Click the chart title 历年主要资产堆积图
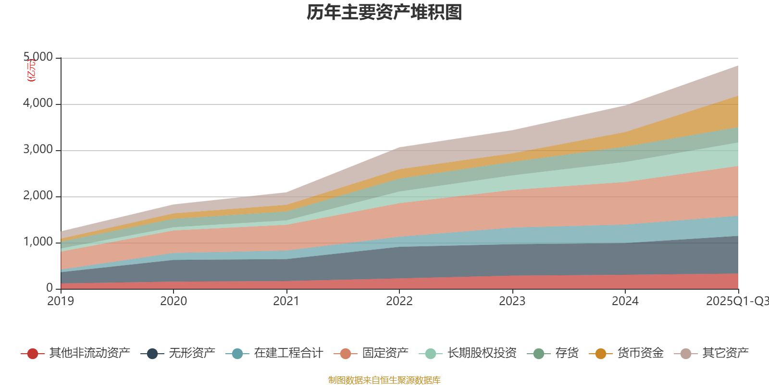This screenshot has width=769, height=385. (384, 13)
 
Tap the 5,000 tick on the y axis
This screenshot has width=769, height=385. (38, 57)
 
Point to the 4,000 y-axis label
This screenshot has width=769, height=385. (38, 103)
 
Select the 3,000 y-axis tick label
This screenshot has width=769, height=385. (38, 150)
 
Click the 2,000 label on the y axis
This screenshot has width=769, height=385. (38, 196)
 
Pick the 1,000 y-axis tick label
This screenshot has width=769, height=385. (38, 242)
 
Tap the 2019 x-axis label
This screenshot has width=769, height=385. (61, 301)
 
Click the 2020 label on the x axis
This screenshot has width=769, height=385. (174, 301)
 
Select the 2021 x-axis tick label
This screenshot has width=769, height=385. (286, 301)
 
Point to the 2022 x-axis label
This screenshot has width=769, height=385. (399, 301)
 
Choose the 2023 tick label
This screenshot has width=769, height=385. (512, 301)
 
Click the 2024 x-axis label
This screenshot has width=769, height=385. (625, 301)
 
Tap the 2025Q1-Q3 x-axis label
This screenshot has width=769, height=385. (737, 301)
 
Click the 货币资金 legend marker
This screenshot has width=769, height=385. (601, 354)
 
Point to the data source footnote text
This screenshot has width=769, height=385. (384, 380)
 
